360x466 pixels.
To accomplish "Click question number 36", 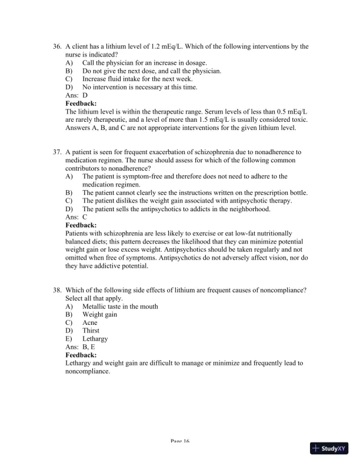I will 57,46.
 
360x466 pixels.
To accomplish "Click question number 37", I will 57,152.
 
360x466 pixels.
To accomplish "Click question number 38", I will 57,290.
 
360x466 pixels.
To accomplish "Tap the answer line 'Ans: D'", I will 76,95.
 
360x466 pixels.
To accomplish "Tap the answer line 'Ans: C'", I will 76,217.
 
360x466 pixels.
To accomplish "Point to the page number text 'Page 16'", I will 179,441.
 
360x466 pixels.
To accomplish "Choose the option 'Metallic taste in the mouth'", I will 120,307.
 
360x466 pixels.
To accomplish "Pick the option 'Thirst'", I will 91,331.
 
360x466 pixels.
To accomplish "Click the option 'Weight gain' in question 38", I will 99,315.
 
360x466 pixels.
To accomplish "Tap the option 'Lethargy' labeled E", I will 95,339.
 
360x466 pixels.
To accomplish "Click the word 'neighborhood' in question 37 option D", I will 249,209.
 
